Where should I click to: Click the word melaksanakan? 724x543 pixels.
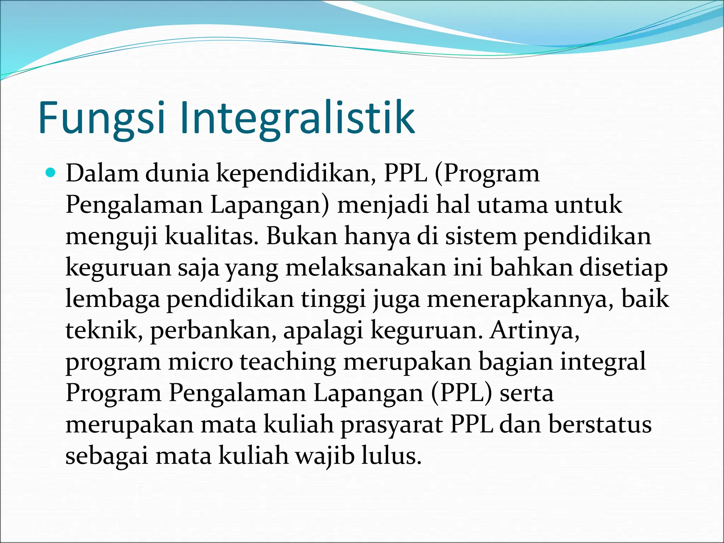pyautogui.click(x=366, y=268)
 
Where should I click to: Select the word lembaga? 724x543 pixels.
pyautogui.click(x=112, y=299)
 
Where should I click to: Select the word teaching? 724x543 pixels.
pyautogui.click(x=288, y=362)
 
